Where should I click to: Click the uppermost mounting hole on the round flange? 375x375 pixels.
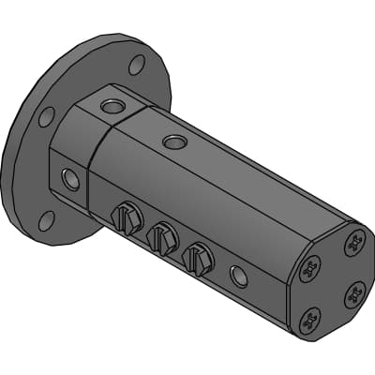[x=137, y=65]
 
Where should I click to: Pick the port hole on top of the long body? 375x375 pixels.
[x=174, y=142]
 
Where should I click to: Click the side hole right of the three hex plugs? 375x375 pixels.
[x=239, y=275]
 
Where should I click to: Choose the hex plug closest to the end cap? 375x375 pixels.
[x=198, y=257]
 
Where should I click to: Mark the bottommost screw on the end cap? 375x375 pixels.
[x=309, y=323]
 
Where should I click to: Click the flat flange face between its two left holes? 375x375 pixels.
[x=37, y=169]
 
